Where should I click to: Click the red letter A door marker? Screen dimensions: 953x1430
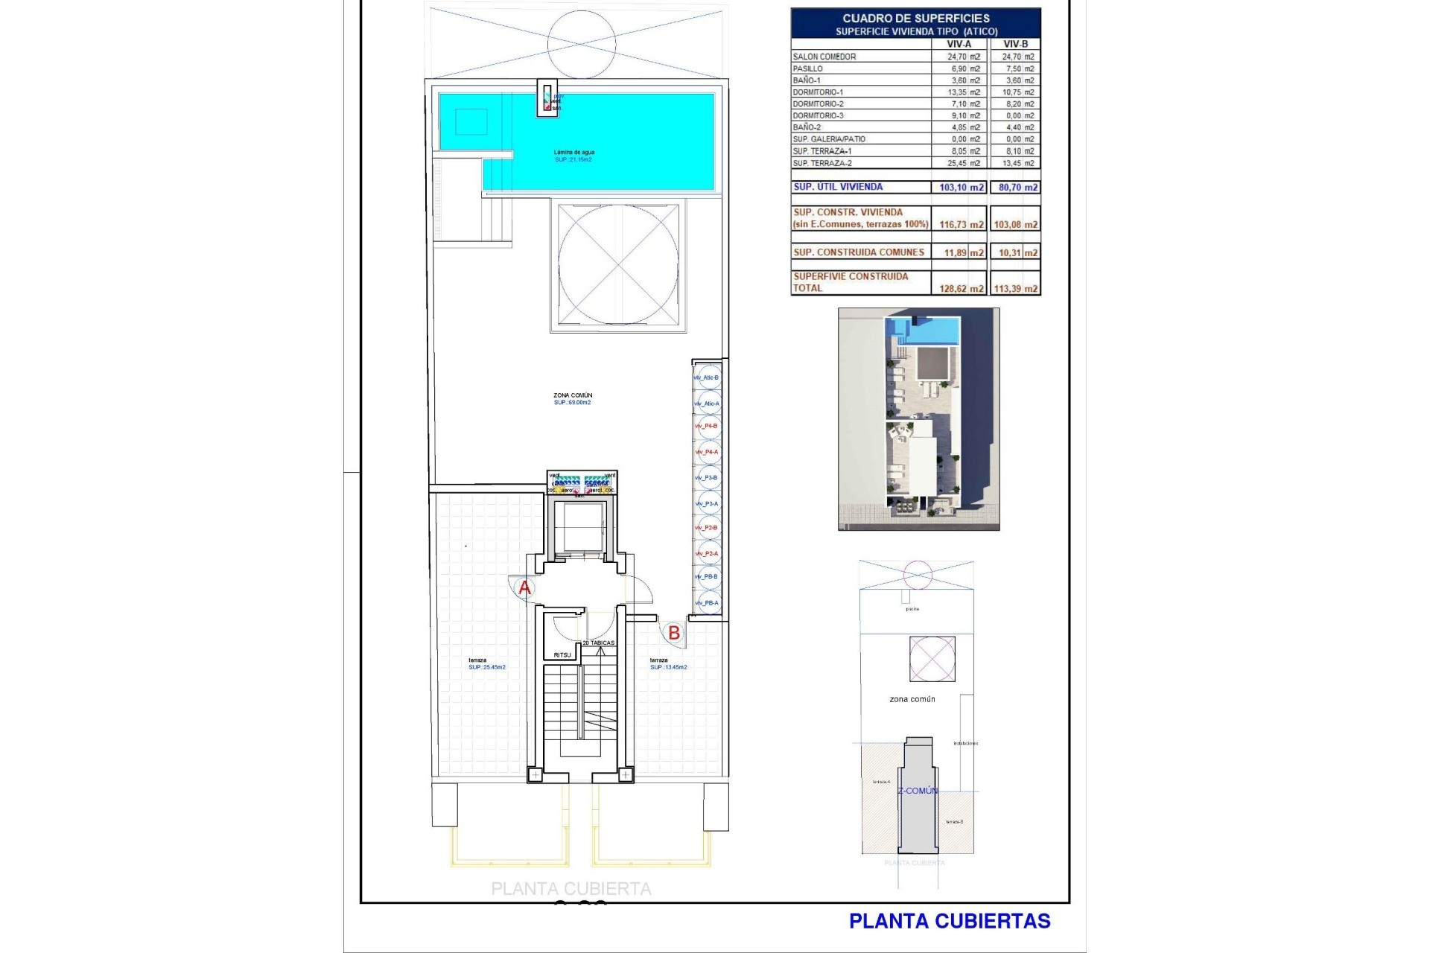tap(524, 588)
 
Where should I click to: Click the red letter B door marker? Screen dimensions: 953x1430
tap(674, 633)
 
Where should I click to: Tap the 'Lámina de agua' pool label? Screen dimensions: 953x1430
tap(573, 152)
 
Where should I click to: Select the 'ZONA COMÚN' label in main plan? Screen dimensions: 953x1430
tap(573, 395)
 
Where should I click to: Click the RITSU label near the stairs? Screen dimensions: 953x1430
tap(562, 655)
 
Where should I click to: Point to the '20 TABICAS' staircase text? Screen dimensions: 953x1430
tap(598, 643)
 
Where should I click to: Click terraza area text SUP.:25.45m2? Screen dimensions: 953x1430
tap(487, 667)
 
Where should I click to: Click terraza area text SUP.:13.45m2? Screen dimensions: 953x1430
tap(668, 667)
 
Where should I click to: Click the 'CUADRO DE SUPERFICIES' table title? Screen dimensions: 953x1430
tap(916, 18)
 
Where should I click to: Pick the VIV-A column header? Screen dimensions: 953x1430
tap(959, 44)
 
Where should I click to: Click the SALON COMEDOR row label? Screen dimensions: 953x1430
tap(824, 57)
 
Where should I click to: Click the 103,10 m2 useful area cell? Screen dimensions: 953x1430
tap(961, 188)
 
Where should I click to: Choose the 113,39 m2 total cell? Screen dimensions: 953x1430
tap(1015, 289)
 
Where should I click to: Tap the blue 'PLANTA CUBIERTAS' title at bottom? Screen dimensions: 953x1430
tap(950, 921)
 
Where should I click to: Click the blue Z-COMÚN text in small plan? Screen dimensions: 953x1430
tap(918, 791)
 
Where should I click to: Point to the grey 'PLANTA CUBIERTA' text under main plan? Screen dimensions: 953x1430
tap(571, 889)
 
